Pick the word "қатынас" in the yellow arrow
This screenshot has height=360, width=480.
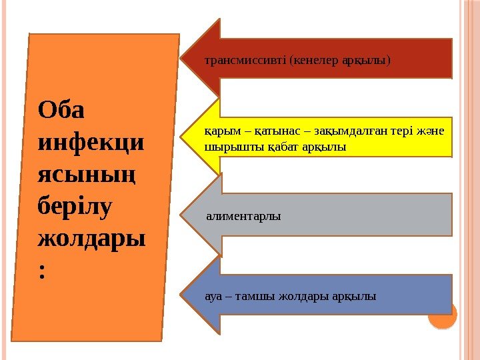point(266,132)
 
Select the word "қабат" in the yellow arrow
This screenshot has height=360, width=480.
point(267,146)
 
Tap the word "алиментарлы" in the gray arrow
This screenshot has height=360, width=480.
point(243,216)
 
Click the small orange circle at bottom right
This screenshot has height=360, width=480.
point(443,315)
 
